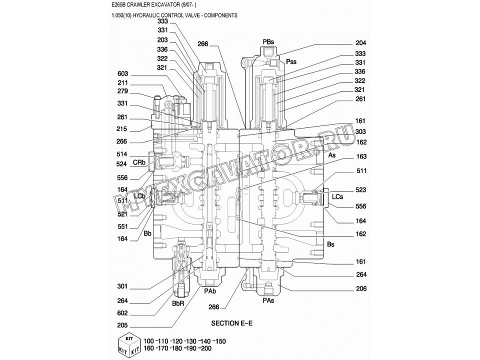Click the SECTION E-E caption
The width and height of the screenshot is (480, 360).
[x=231, y=323]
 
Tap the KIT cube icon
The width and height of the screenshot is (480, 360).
[x=129, y=346]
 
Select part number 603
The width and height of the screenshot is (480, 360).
[x=123, y=74]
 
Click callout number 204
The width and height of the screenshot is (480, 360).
[x=361, y=43]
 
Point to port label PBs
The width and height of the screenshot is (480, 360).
[x=268, y=42]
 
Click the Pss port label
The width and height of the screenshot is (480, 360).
[x=291, y=61]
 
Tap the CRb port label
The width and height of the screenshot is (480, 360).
[x=139, y=162]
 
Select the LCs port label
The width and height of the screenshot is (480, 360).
[x=337, y=196]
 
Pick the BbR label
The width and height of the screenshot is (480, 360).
[x=178, y=303]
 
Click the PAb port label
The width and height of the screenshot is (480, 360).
[x=210, y=291]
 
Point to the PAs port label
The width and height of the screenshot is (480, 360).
[x=268, y=300]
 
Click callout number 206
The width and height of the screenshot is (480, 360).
[x=361, y=288]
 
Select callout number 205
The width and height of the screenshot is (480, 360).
[x=122, y=325]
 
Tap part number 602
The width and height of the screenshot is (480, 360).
[x=122, y=313]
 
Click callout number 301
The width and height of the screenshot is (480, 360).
[x=122, y=286]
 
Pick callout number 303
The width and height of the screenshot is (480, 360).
[x=360, y=131]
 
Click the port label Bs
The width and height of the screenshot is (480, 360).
[x=330, y=244]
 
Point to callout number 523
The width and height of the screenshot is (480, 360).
[x=360, y=190]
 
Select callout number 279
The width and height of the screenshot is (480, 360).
[x=122, y=91]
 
